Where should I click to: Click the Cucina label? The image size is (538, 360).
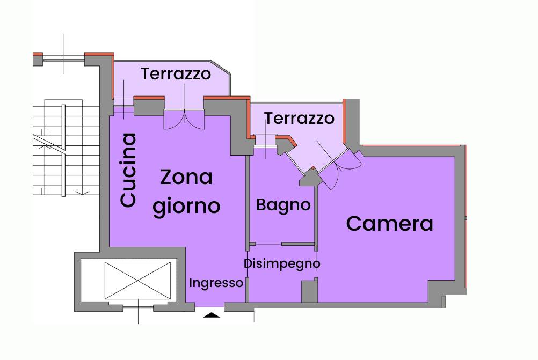pos(128,170)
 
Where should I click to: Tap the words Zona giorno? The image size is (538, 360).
pos(186,192)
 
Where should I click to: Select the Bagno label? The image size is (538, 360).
pos(283,205)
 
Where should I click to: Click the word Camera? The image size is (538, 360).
pos(389,224)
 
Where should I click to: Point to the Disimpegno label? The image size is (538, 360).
pos(282,264)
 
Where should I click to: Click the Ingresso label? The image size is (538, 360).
pos(216,283)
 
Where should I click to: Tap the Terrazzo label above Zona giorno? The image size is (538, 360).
pos(176,74)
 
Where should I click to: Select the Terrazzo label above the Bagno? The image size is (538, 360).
pos(299,118)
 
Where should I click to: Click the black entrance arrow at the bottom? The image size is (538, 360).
pos(212,315)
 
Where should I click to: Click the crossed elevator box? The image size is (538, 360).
pos(137,281)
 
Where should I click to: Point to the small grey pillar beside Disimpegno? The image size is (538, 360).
pos(309,291)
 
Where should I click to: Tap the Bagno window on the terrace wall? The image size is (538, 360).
pos(265,141)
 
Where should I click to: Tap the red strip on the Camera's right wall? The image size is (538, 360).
pos(466,216)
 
